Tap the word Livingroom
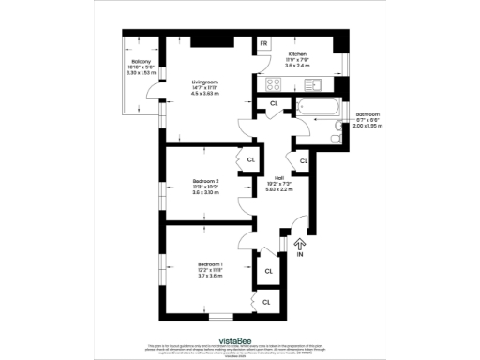coord(206,80)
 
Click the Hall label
coord(278,177)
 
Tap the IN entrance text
coord(300,254)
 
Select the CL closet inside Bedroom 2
coord(250,160)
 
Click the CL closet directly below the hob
coord(274,102)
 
